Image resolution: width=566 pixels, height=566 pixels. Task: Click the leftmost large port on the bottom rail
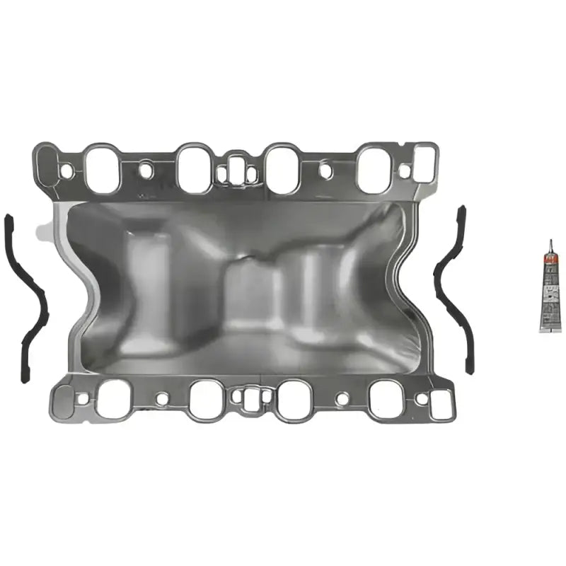pyautogui.click(x=113, y=398)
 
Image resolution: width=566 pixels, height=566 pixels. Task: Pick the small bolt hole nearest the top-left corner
pyautogui.click(x=67, y=171)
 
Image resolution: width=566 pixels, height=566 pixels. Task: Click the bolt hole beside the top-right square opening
pyautogui.click(x=404, y=171)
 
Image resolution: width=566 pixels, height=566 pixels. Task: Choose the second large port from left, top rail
pyautogui.click(x=193, y=168)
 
